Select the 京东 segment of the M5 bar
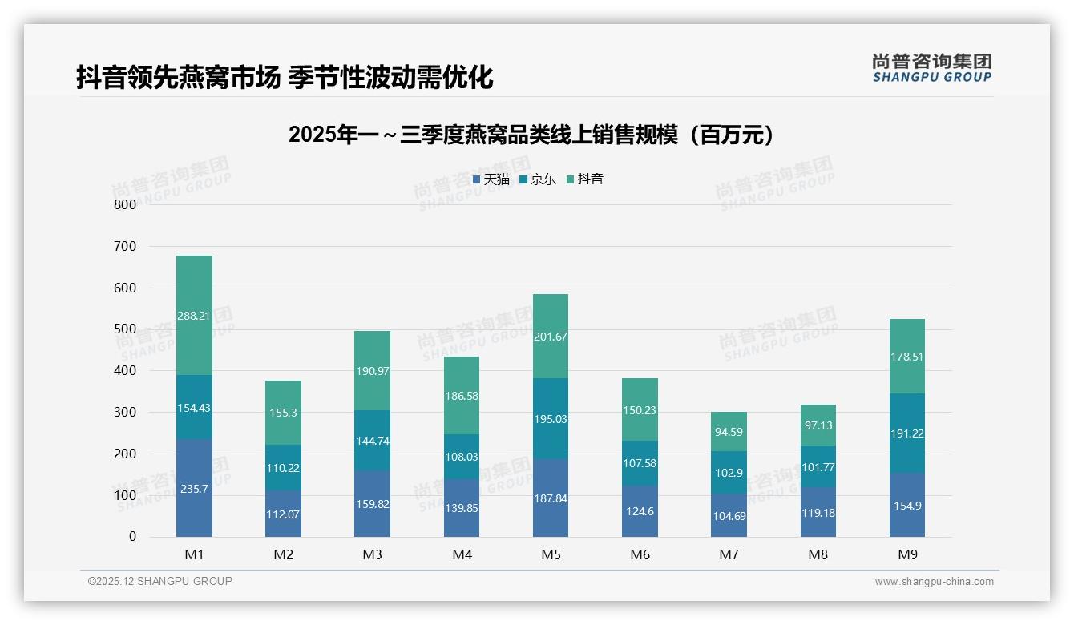pos(551,418)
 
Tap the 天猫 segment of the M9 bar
pos(906,505)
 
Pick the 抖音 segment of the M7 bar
pos(729,432)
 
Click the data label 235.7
pos(195,489)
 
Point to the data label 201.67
pos(551,337)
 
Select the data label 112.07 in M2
pos(284,514)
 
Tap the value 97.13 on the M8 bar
pos(818,426)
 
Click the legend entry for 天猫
pos(491,179)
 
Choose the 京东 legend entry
pos(538,179)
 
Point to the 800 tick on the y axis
pos(125,204)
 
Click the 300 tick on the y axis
pos(125,413)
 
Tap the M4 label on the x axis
pos(462,554)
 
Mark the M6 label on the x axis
pos(640,554)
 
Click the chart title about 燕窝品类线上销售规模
pos(532,135)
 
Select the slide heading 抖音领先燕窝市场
pos(285,77)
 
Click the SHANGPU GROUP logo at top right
pos(931,68)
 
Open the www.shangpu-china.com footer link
pos(934,582)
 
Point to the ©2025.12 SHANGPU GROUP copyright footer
pos(160,581)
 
